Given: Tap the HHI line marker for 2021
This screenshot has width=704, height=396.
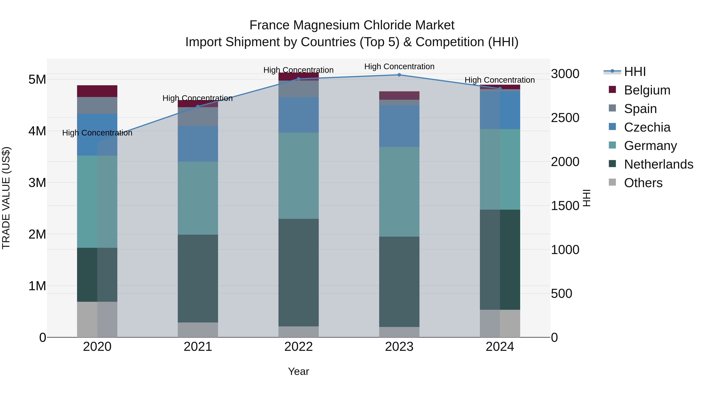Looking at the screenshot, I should [198, 107].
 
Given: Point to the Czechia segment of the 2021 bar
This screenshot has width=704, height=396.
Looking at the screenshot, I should [198, 144].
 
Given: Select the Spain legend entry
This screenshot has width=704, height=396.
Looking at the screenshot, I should [640, 109].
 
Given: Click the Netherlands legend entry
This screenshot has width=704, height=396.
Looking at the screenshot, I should [658, 164].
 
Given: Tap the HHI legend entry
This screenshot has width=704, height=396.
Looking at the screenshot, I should [635, 72].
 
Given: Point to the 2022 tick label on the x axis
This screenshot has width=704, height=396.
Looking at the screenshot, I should [298, 347].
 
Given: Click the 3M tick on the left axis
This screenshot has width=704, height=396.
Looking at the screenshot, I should [37, 183].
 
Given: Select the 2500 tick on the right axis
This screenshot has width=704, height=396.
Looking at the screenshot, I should [565, 118].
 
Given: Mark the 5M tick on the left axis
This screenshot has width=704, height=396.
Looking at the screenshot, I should [37, 80].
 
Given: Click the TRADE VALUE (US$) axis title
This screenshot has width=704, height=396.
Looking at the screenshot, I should [6, 198].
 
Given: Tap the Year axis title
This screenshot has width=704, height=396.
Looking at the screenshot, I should [298, 371].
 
